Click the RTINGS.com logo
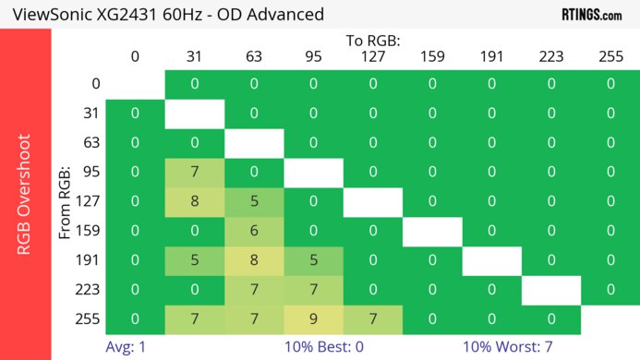[592, 15]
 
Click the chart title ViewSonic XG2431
[166, 15]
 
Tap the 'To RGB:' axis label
[373, 41]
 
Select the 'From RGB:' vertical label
[66, 202]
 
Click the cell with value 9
[313, 319]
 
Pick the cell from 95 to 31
[195, 173]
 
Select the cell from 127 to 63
[254, 202]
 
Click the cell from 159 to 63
[254, 232]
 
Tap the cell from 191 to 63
[254, 261]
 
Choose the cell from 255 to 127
[373, 319]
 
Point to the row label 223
[89, 290]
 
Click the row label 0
[94, 84]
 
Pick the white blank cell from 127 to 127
[373, 202]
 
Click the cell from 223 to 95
[313, 290]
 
